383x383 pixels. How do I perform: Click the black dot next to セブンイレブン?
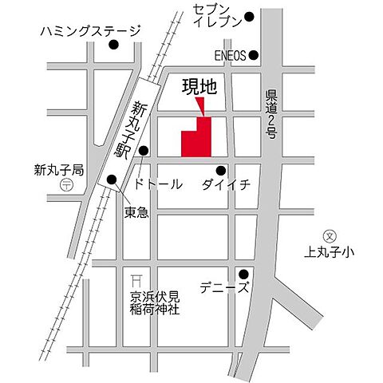pyautogui.click(x=250, y=16)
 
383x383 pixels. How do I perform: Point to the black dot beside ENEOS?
pyautogui.click(x=255, y=55)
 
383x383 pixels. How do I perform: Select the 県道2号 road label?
pyautogui.click(x=270, y=111)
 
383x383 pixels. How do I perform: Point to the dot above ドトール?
pyautogui.click(x=144, y=150)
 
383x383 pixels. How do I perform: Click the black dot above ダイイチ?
pyautogui.click(x=221, y=169)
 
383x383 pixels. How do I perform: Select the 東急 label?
pyautogui.click(x=136, y=212)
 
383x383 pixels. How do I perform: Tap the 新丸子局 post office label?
pyautogui.click(x=58, y=169)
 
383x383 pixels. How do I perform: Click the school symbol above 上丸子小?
pyautogui.click(x=327, y=235)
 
